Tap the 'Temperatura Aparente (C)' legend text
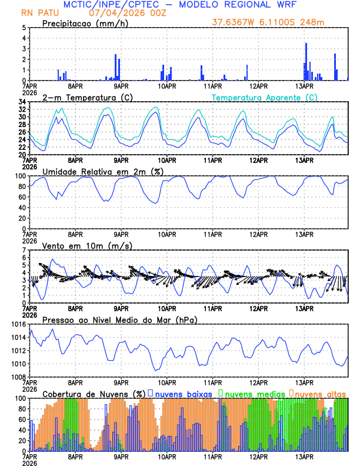[264, 97]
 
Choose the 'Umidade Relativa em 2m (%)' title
[103, 171]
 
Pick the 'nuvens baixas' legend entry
[183, 394]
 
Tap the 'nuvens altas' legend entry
[317, 394]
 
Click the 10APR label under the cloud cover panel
[167, 457]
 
